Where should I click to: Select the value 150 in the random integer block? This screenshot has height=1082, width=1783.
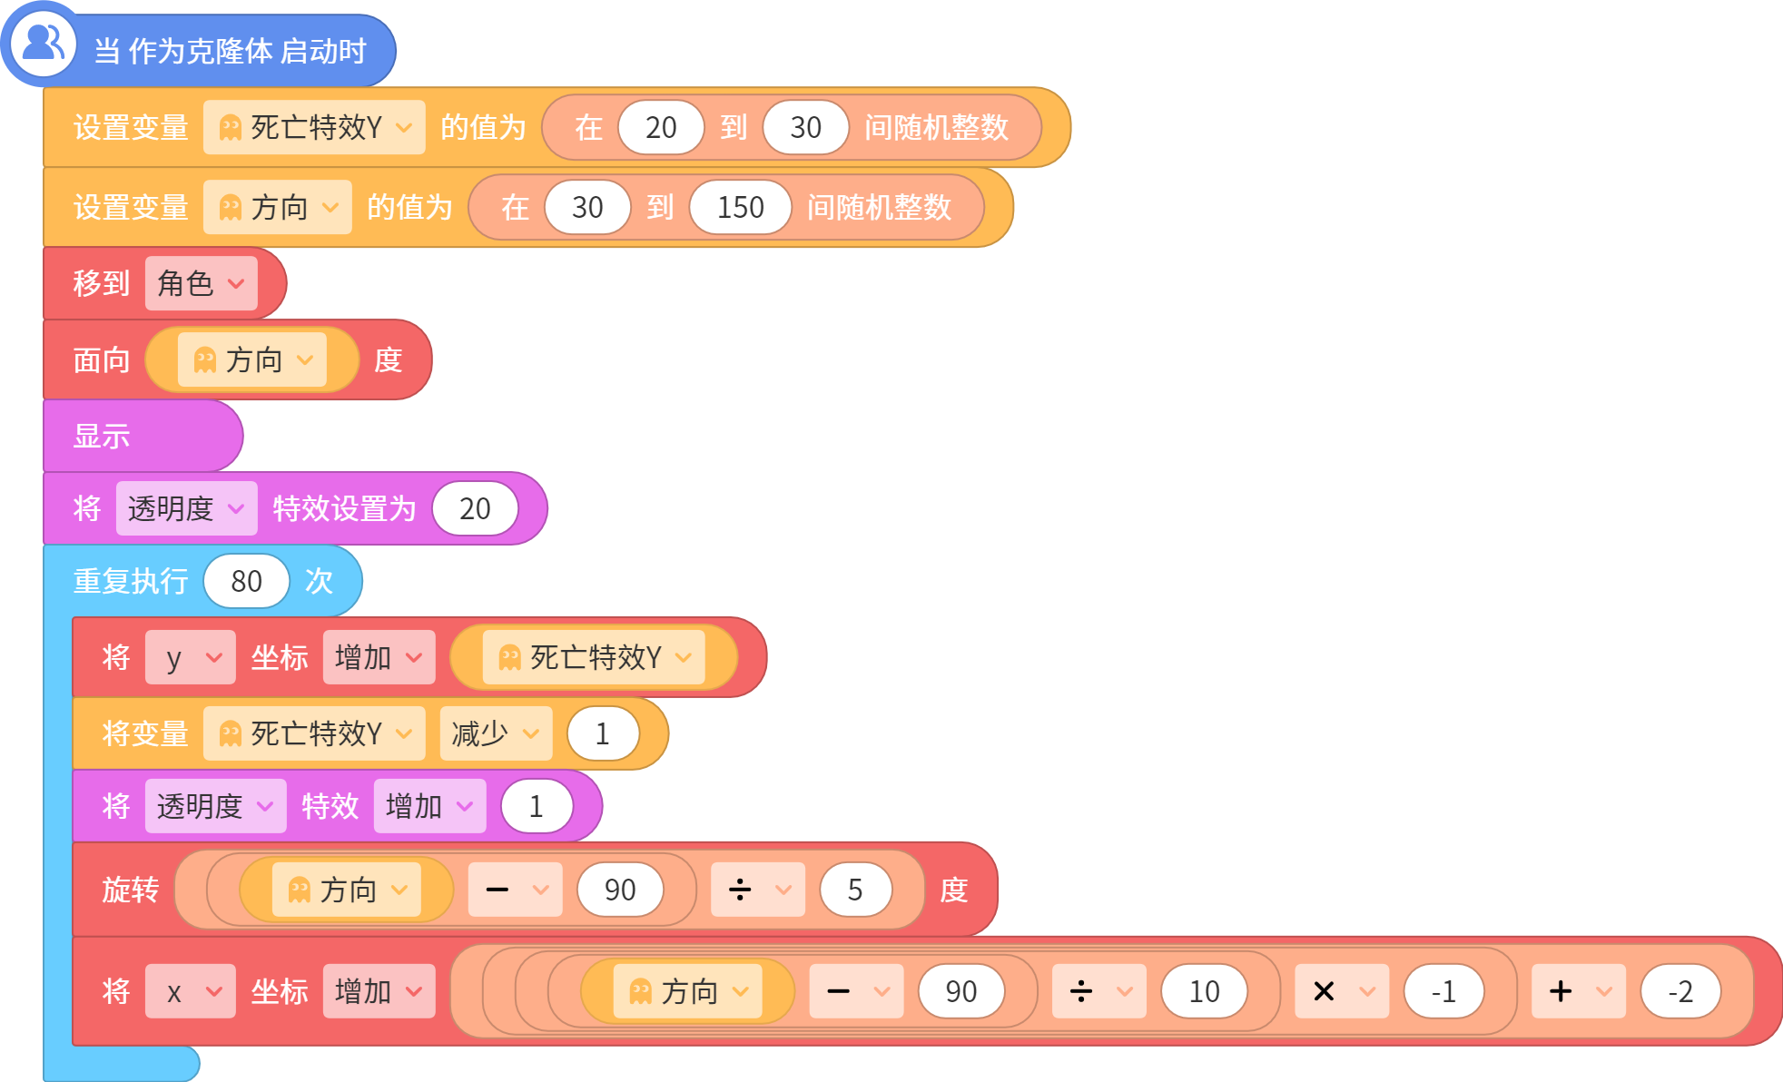(x=740, y=207)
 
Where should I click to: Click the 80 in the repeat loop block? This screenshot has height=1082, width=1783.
(x=246, y=581)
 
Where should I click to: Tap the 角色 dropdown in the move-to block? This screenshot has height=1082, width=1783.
(x=201, y=283)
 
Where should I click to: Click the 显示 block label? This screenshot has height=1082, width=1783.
(x=102, y=437)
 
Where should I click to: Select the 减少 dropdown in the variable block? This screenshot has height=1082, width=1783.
(x=496, y=733)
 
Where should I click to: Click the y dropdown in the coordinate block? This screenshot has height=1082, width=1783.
(x=190, y=657)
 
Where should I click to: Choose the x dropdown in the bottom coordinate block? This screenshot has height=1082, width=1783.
(x=190, y=991)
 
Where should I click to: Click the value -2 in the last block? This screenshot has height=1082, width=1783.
(x=1680, y=991)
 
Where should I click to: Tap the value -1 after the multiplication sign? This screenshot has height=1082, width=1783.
(x=1443, y=991)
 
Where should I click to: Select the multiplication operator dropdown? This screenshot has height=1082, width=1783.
(x=1342, y=991)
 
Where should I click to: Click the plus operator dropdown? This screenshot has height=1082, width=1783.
(x=1579, y=991)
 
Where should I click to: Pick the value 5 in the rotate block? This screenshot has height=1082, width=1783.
(x=855, y=890)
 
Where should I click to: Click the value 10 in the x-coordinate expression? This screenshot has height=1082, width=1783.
(x=1204, y=991)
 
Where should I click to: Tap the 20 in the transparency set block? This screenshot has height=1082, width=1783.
(x=475, y=508)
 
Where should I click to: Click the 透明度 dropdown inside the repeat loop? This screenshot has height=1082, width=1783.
(x=215, y=806)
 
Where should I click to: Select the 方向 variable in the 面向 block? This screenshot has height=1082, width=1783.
(x=252, y=359)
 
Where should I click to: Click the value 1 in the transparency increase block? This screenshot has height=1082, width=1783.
(x=537, y=806)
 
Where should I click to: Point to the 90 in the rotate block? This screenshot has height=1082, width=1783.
(x=620, y=890)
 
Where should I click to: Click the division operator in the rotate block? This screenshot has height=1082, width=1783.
(x=758, y=890)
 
